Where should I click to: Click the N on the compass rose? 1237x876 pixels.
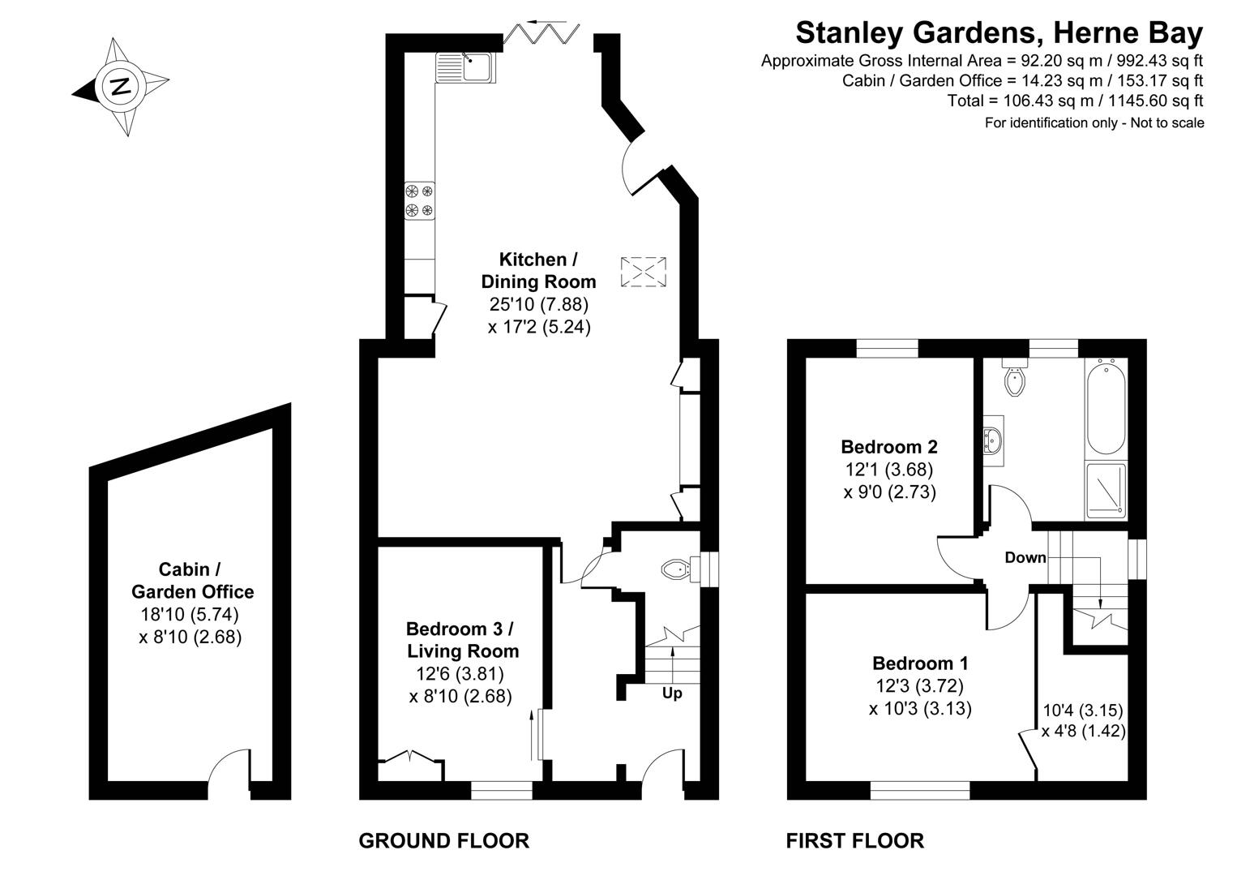tap(121, 86)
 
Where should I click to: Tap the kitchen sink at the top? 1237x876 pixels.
tap(464, 67)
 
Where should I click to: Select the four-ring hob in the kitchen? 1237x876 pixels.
tap(419, 201)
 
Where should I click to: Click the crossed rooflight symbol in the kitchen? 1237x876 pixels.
tap(644, 272)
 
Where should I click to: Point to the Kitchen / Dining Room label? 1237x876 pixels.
tap(538, 271)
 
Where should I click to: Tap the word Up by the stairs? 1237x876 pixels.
tap(672, 693)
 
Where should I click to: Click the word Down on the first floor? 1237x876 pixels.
tap(1025, 557)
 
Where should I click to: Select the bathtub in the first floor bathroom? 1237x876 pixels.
tap(1105, 406)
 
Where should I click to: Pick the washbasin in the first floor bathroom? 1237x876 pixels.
tap(993, 440)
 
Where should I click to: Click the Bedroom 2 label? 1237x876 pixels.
tap(889, 447)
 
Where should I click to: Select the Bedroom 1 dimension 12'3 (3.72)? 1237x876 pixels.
tap(919, 686)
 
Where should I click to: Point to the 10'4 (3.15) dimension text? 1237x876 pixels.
tap(1082, 711)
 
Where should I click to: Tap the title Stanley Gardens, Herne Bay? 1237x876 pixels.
tap(999, 33)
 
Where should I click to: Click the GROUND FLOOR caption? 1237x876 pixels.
tap(443, 841)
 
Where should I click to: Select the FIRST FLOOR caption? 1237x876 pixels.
tap(854, 841)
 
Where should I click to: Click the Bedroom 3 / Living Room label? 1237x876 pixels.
tap(462, 639)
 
